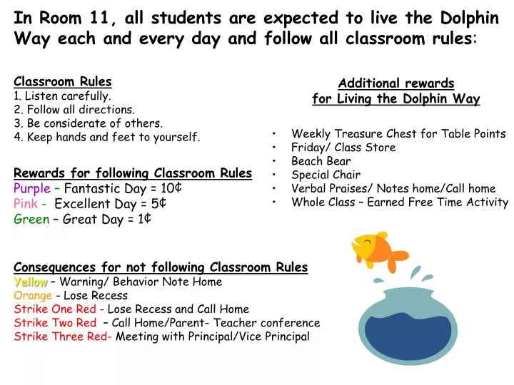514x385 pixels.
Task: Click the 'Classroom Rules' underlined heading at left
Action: coord(63,82)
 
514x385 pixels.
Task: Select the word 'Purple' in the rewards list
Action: coord(32,188)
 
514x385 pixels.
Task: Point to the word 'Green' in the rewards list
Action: coord(31,220)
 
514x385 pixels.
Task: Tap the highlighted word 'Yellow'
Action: coord(31,282)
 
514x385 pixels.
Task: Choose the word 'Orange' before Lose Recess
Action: coord(33,295)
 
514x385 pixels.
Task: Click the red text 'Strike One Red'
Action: coord(55,309)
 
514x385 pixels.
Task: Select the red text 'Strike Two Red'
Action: coord(55,323)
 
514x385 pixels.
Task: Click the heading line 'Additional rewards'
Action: coord(396,84)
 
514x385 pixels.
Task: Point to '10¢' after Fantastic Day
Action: coord(168,188)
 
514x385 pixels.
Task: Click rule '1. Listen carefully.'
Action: coord(62,96)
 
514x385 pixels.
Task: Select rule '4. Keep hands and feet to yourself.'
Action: coord(107,137)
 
